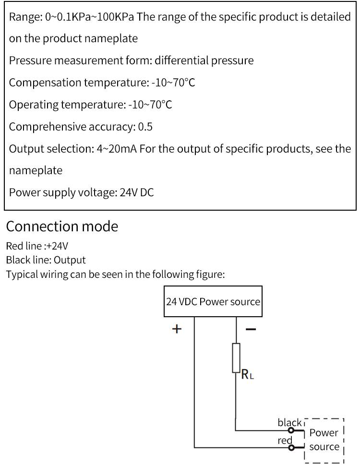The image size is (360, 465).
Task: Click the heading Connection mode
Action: [62, 226]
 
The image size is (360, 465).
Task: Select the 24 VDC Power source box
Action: [213, 302]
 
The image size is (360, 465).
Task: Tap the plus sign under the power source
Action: [177, 329]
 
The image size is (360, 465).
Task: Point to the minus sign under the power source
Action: [251, 329]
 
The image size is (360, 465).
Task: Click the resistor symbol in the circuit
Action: [236, 358]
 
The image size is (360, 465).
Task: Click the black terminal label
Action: [289, 422]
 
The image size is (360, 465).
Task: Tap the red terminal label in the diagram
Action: [285, 440]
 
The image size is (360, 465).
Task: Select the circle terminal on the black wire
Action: [291, 430]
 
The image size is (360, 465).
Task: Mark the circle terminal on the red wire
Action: [291, 448]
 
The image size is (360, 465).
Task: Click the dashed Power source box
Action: [324, 439]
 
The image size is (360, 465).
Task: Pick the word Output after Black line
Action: [70, 260]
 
